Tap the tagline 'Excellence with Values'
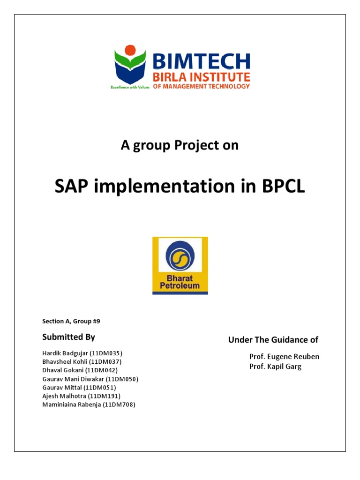coord(129,87)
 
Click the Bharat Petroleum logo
coord(180,265)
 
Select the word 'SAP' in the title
coord(73,187)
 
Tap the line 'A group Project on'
coord(180,146)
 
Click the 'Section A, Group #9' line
coord(71,321)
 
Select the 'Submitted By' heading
coord(68,337)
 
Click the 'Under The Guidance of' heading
coord(273,339)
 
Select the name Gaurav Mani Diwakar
coord(73,379)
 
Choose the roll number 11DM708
coord(120,405)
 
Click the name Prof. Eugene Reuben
coord(284,357)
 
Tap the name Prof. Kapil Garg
coord(275,367)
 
